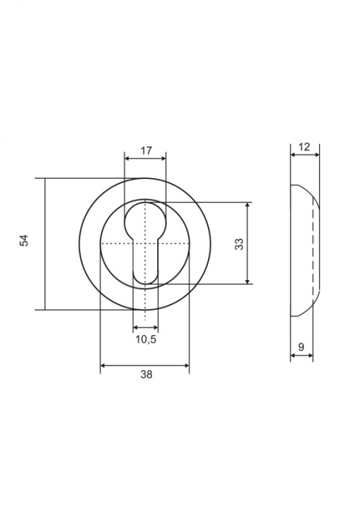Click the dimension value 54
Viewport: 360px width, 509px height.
coord(24,240)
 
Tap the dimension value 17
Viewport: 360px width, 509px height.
coord(146,151)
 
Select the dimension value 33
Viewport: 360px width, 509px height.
coord(239,244)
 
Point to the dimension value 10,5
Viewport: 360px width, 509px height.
coord(146,340)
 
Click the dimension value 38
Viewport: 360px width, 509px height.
coord(146,374)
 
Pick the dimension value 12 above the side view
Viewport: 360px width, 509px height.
coord(304,147)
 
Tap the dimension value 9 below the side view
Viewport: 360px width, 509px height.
coord(301,347)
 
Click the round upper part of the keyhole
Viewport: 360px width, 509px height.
coord(145,222)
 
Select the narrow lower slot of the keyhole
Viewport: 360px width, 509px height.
coord(145,263)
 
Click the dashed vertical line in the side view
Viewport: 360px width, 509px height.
coord(313,249)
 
